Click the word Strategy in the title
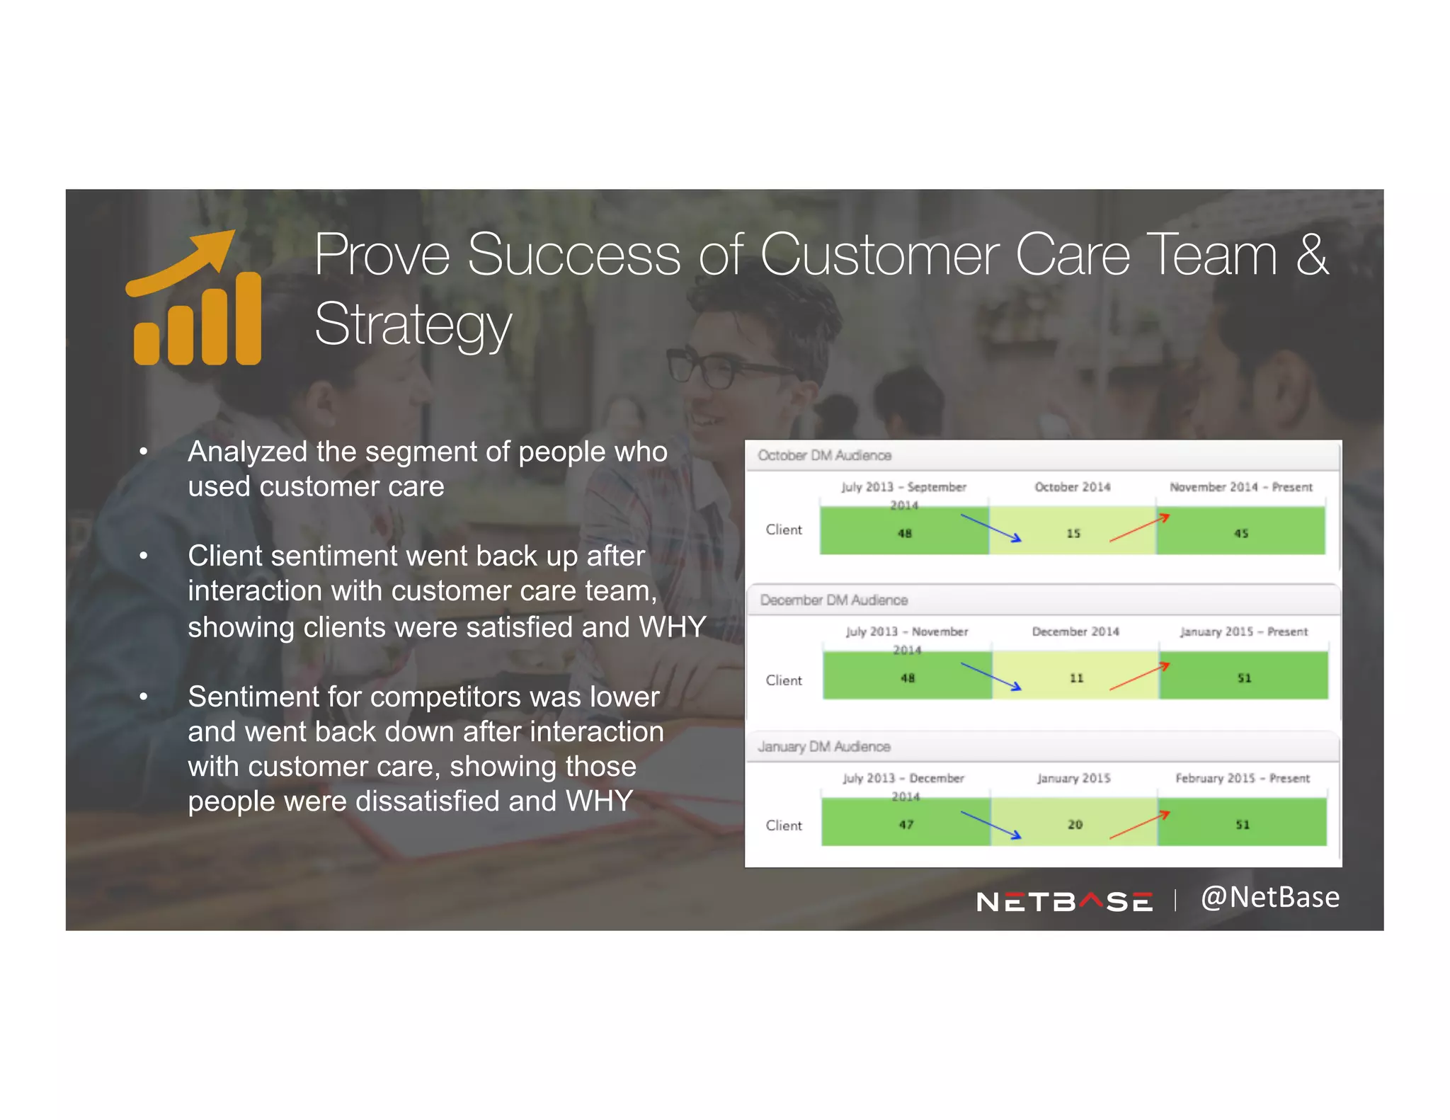click(x=413, y=325)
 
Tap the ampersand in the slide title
click(x=1312, y=255)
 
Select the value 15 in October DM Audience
click(x=1073, y=533)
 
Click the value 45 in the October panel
click(x=1241, y=533)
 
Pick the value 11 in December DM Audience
click(x=1076, y=678)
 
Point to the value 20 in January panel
click(x=1075, y=825)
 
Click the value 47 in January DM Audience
click(x=906, y=825)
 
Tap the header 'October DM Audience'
click(x=824, y=455)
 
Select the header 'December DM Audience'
click(x=833, y=600)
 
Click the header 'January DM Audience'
click(x=824, y=747)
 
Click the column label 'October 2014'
click(x=1072, y=487)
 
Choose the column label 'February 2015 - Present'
click(x=1243, y=778)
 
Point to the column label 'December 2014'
click(x=1075, y=632)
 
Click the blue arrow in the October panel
click(x=991, y=528)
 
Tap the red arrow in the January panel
click(x=1139, y=825)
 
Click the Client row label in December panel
click(x=784, y=680)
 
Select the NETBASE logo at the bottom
click(x=1063, y=901)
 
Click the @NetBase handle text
click(x=1269, y=898)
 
